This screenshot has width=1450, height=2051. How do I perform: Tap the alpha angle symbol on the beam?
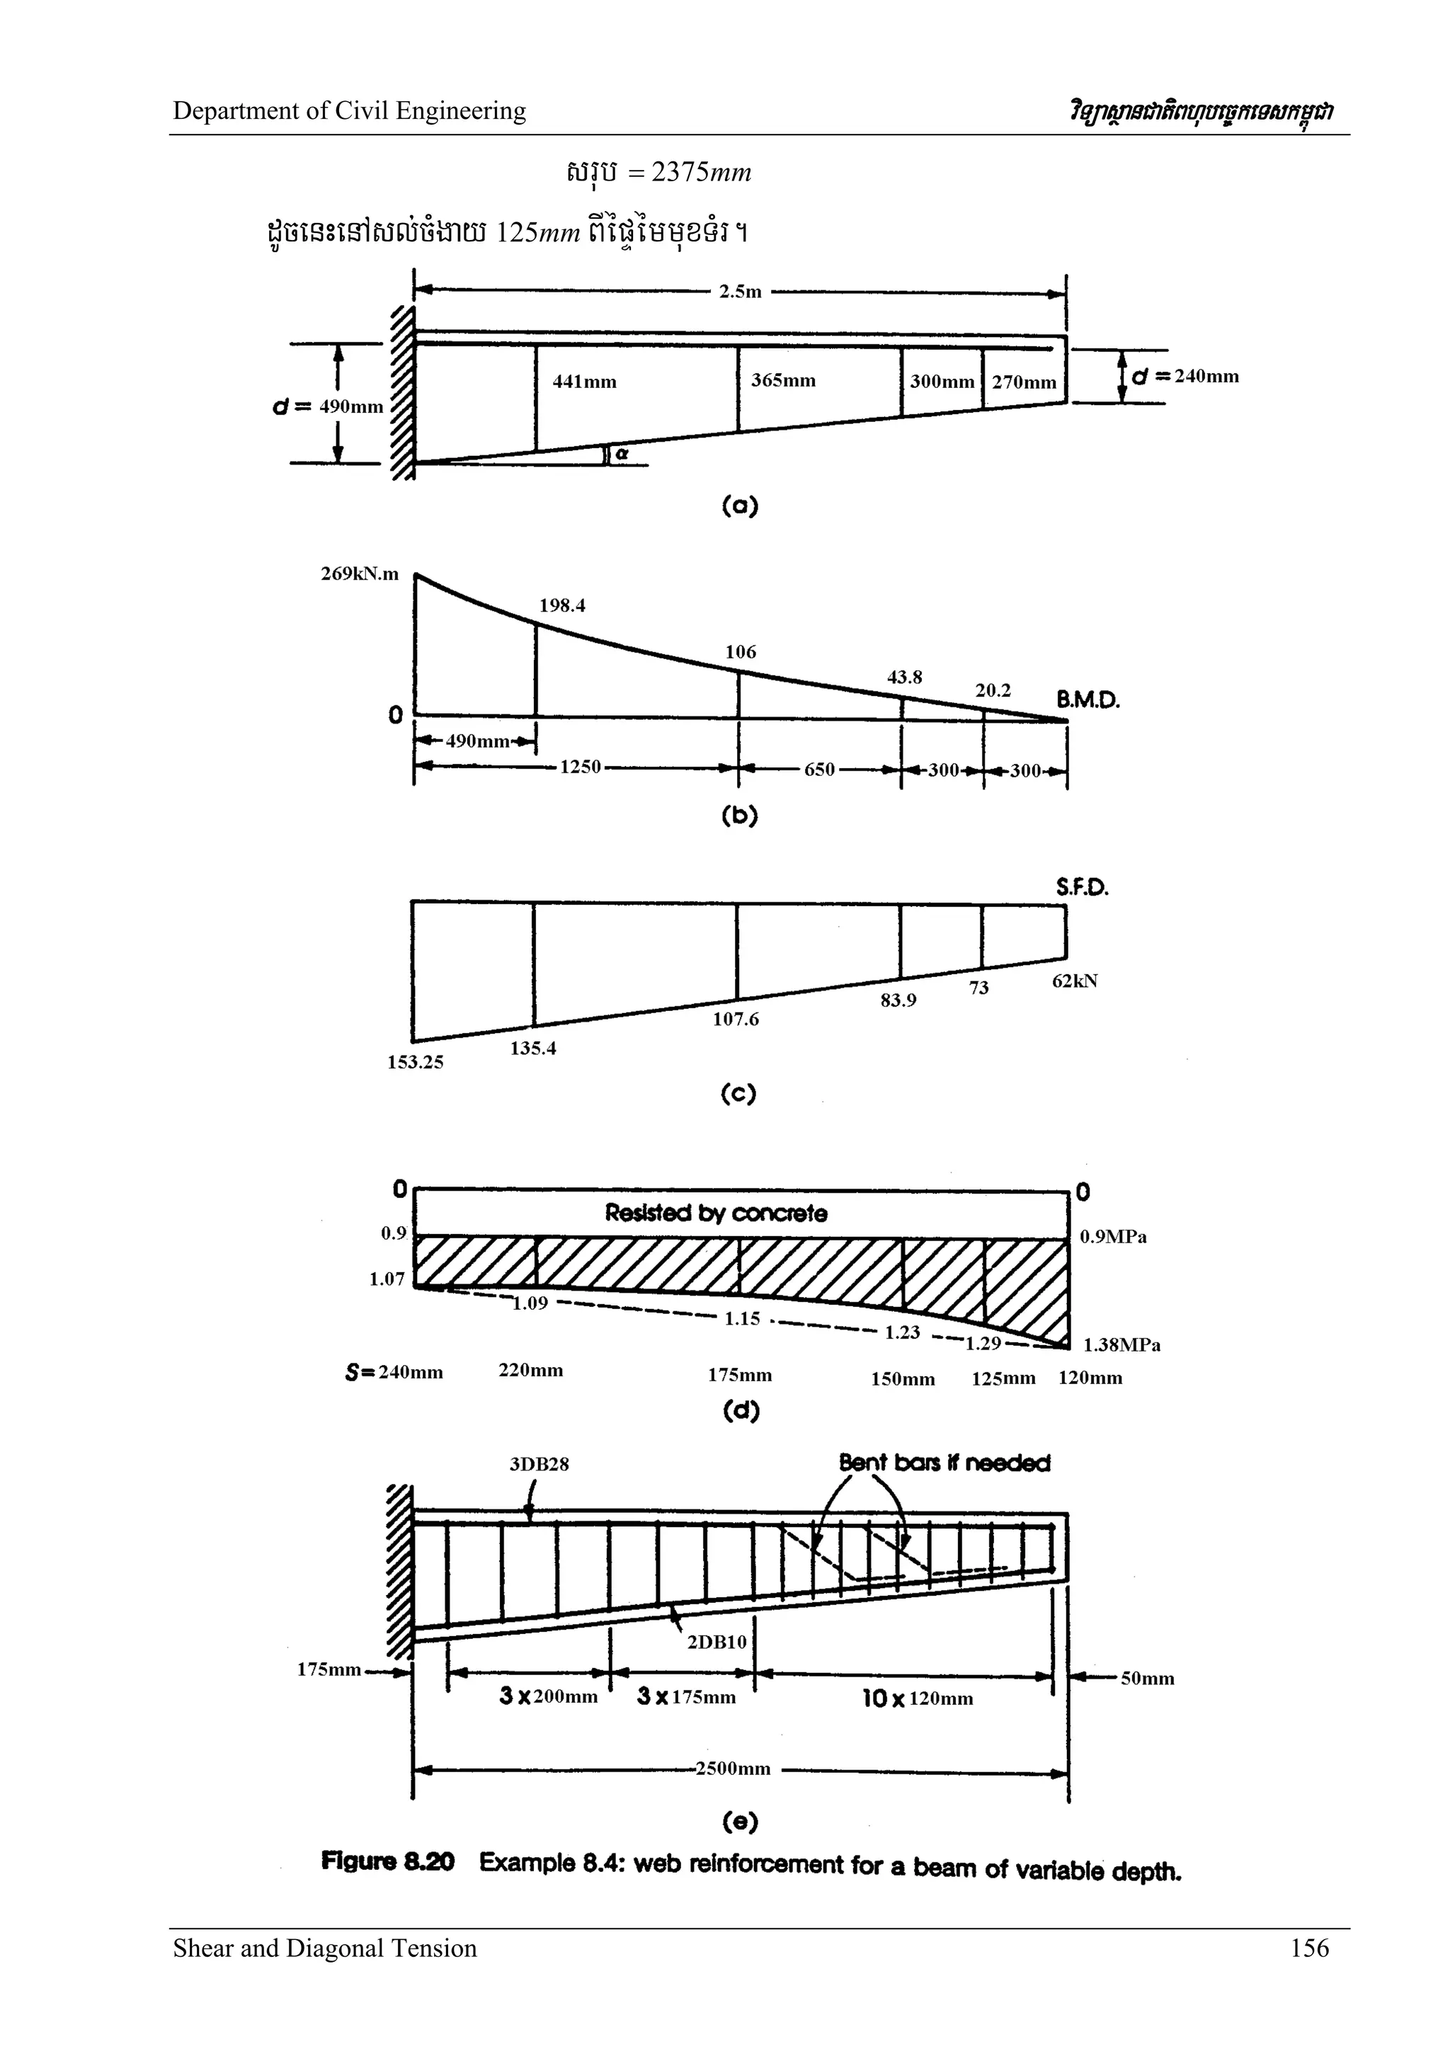(x=622, y=454)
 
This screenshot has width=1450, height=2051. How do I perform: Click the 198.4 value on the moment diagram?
(x=562, y=605)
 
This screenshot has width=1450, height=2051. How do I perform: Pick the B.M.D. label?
(x=1087, y=700)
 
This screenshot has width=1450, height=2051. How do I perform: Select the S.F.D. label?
(x=1081, y=887)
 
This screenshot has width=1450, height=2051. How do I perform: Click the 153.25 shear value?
(x=415, y=1062)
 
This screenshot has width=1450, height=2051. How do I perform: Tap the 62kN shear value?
(x=1074, y=981)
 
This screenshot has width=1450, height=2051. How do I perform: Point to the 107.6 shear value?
(x=736, y=1019)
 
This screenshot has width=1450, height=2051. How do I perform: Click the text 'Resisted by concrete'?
(x=716, y=1213)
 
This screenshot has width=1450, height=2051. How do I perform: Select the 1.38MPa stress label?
(x=1121, y=1345)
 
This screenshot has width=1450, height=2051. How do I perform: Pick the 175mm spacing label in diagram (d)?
(x=740, y=1375)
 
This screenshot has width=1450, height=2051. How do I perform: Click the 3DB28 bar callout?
(x=539, y=1464)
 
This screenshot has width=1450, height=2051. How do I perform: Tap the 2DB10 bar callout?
(x=717, y=1642)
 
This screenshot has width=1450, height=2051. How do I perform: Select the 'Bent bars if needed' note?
(x=944, y=1463)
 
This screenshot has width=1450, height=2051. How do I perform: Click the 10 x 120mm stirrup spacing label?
(x=918, y=1698)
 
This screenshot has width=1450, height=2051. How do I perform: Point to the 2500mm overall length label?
(x=731, y=1768)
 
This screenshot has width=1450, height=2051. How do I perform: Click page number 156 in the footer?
(x=1309, y=1948)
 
